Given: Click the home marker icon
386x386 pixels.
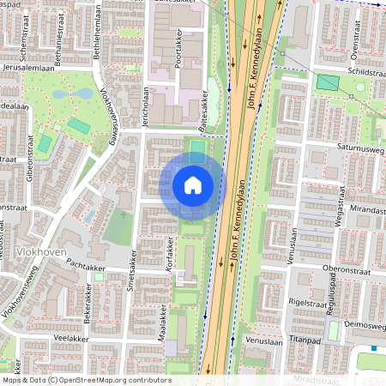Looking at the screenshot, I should [x=193, y=185].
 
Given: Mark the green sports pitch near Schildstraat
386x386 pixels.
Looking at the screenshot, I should [x=328, y=82].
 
